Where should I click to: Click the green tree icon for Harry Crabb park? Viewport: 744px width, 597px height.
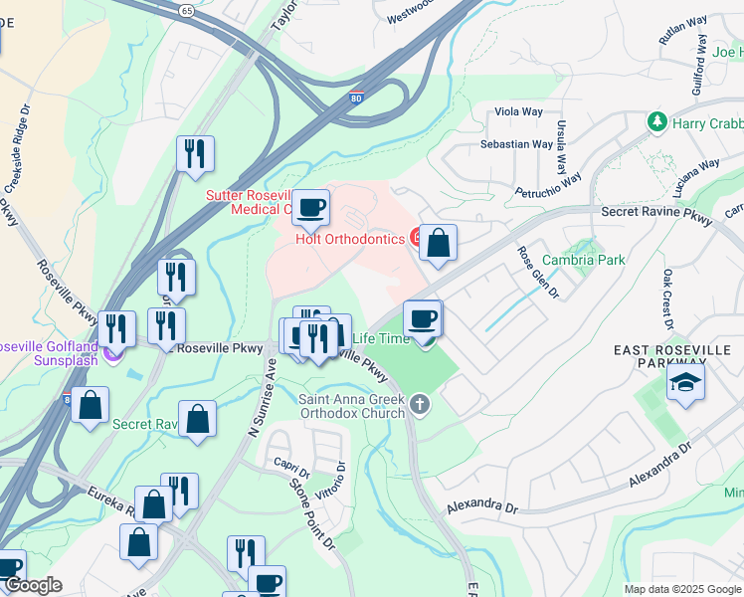point(656,122)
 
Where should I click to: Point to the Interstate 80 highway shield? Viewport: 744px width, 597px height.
point(356,98)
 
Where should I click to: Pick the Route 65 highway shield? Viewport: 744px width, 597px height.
point(187,9)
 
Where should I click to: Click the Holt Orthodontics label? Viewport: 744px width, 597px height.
point(348,238)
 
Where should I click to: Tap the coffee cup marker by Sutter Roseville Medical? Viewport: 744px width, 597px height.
point(311,208)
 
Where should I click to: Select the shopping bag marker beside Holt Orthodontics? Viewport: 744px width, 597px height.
point(438,243)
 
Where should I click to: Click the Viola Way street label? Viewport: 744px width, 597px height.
point(517,112)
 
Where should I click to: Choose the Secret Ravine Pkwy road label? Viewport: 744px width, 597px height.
point(657,212)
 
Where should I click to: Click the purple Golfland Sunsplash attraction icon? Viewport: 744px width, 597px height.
point(112,351)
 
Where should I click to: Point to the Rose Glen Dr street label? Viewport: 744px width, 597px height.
point(538,272)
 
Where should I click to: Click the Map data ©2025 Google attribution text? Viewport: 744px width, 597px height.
point(681,589)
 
